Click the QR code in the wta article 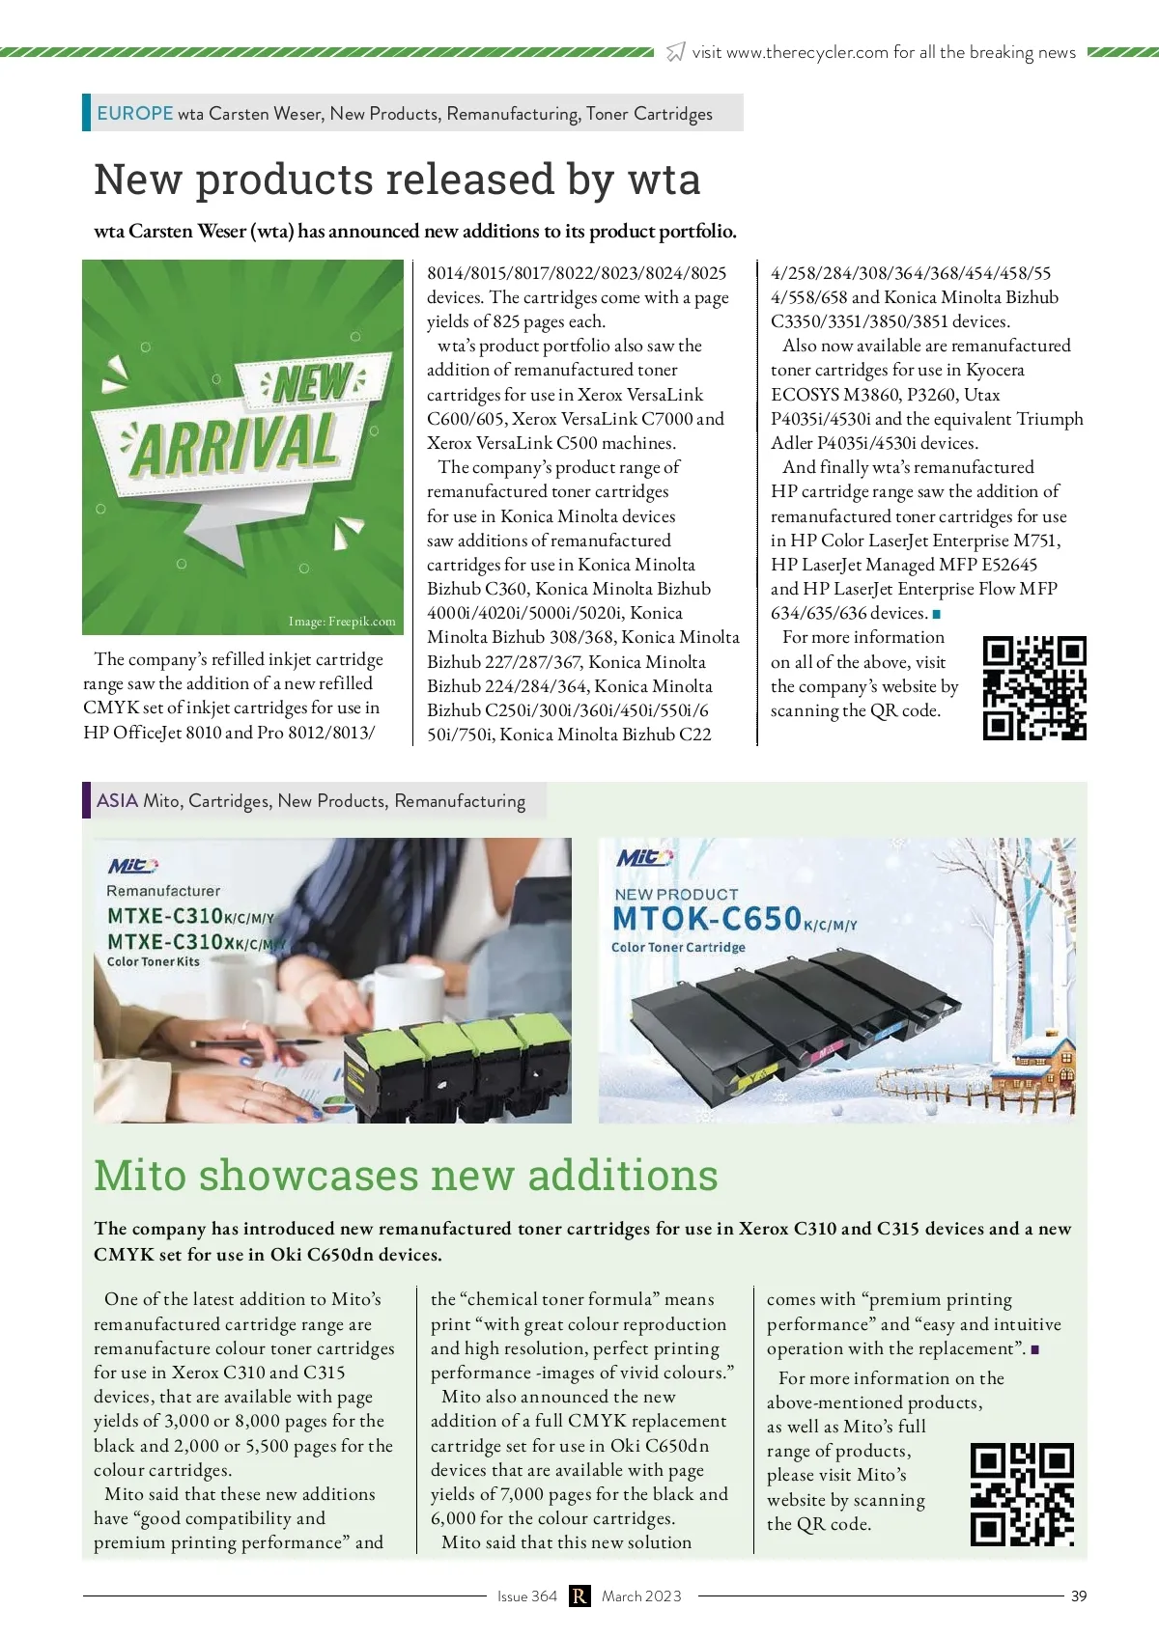point(1034,688)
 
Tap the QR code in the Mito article point(1022,1495)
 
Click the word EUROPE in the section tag point(134,113)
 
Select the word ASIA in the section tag point(117,800)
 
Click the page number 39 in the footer point(1079,1595)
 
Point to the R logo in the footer point(579,1595)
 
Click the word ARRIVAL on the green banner point(237,445)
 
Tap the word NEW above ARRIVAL point(312,383)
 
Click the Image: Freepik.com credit point(342,622)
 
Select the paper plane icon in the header point(676,52)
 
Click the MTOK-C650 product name point(707,918)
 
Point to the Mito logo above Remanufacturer point(132,866)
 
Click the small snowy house point(1044,1059)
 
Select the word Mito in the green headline point(140,1176)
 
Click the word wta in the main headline point(664,180)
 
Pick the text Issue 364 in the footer point(526,1595)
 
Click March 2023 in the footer point(641,1595)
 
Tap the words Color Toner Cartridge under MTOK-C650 point(678,947)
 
